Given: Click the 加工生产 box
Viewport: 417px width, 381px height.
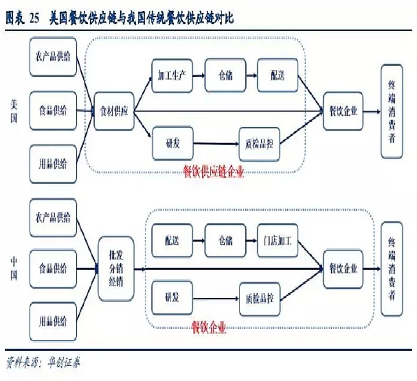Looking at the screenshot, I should (172, 76).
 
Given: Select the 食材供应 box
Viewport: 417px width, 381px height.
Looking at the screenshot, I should (114, 112).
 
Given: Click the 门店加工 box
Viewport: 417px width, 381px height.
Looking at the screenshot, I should (278, 241).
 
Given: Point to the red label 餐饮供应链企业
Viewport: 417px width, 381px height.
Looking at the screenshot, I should (214, 172).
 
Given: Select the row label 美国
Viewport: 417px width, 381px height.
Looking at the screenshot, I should (14, 112).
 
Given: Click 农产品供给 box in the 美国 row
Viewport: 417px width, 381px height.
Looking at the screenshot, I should (53, 57).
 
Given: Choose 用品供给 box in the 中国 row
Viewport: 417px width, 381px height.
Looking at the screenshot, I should (53, 321).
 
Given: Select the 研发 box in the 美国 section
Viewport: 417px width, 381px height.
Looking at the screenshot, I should (172, 143).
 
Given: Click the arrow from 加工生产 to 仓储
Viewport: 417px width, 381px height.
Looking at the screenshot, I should (198, 76).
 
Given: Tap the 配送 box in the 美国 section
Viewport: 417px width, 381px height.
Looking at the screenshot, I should (277, 76).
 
